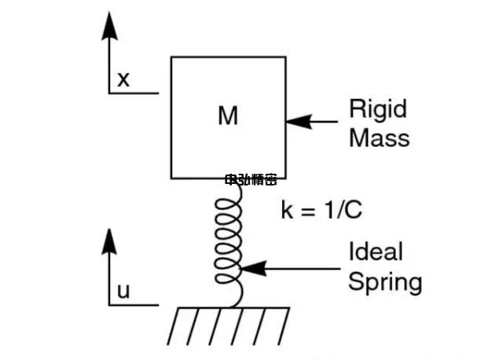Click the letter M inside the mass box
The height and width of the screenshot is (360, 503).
[x=227, y=116]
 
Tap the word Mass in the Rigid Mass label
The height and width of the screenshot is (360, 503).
[x=379, y=138]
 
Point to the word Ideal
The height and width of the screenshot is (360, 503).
[x=375, y=252]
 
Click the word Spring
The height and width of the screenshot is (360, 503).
[x=384, y=282]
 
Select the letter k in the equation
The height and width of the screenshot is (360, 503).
[x=286, y=210]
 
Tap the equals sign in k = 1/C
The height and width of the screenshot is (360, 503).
[x=308, y=211]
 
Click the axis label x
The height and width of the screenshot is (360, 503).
[x=123, y=79]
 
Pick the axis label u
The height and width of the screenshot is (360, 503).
[x=123, y=292]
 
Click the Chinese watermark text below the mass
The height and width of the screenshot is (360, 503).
[x=251, y=180]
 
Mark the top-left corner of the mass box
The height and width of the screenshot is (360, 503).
[x=171, y=56]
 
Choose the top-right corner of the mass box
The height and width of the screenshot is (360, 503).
[x=285, y=56]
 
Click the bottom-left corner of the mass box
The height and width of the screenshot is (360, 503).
[x=171, y=178]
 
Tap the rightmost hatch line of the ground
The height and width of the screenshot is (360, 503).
[x=283, y=319]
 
